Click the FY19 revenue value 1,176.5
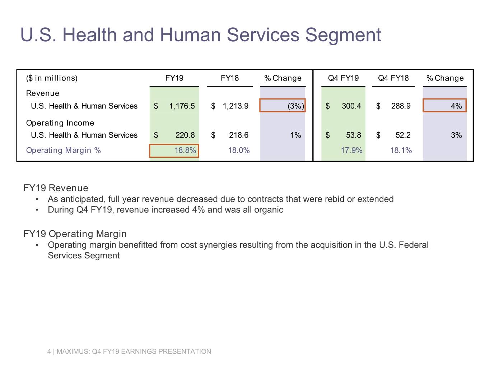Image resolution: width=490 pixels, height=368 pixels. point(182,106)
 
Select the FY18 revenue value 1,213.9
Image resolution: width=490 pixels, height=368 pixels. point(235,106)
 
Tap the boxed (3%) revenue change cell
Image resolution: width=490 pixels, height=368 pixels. point(283,106)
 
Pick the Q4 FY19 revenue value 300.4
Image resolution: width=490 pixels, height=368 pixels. point(351,106)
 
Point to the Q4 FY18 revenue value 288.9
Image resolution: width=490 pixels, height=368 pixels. point(401,106)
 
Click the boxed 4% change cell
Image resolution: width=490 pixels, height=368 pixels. point(444,106)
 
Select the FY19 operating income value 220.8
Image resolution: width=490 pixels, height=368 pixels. point(185,135)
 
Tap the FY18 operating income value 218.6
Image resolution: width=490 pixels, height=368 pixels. point(238,135)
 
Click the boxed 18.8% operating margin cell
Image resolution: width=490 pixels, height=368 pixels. point(174,151)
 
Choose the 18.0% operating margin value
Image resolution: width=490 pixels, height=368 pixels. point(239,151)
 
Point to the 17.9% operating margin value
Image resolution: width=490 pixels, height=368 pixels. point(351,151)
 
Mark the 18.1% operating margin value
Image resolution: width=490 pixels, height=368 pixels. point(401,151)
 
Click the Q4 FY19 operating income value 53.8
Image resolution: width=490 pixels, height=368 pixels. point(353,135)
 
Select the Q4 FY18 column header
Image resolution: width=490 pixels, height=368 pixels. point(393,78)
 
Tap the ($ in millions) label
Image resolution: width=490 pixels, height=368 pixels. point(52,78)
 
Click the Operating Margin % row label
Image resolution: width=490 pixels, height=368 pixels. point(63,151)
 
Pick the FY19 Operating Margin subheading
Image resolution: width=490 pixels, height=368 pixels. point(75,234)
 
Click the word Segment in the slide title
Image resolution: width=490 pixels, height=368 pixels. point(343,35)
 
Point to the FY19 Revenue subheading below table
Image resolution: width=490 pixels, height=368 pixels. point(56,188)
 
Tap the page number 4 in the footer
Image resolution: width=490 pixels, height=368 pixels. point(49,351)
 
